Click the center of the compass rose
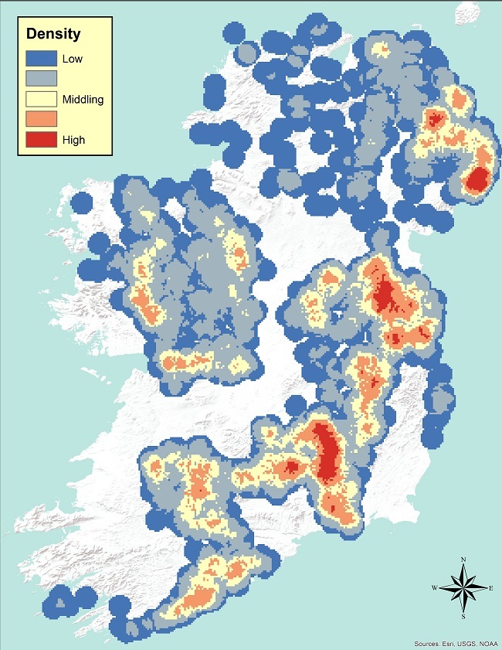[x=463, y=587]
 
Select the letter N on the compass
[x=463, y=559]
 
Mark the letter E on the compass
[x=492, y=588]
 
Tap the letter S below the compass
[x=463, y=617]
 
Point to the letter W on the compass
[x=434, y=588]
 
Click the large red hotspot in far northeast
[x=478, y=179]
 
